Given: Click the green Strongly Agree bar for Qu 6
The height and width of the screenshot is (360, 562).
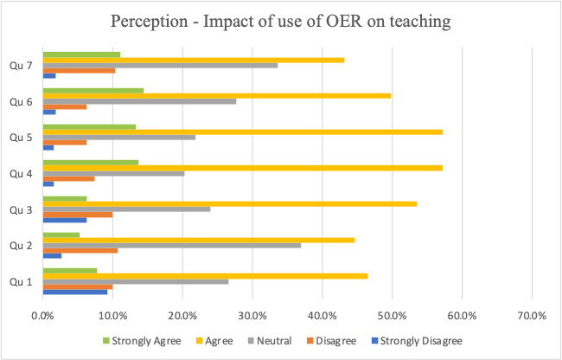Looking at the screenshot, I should [93, 90].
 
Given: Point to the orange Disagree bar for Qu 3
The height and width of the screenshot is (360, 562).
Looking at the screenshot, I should [78, 214].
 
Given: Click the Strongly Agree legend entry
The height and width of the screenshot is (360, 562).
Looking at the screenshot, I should [144, 340].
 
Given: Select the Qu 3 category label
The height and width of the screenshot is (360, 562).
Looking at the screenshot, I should [22, 209].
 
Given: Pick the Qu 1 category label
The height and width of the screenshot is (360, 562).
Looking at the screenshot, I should [22, 280].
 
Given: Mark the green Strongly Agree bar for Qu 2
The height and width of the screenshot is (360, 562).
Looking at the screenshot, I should [61, 235].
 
